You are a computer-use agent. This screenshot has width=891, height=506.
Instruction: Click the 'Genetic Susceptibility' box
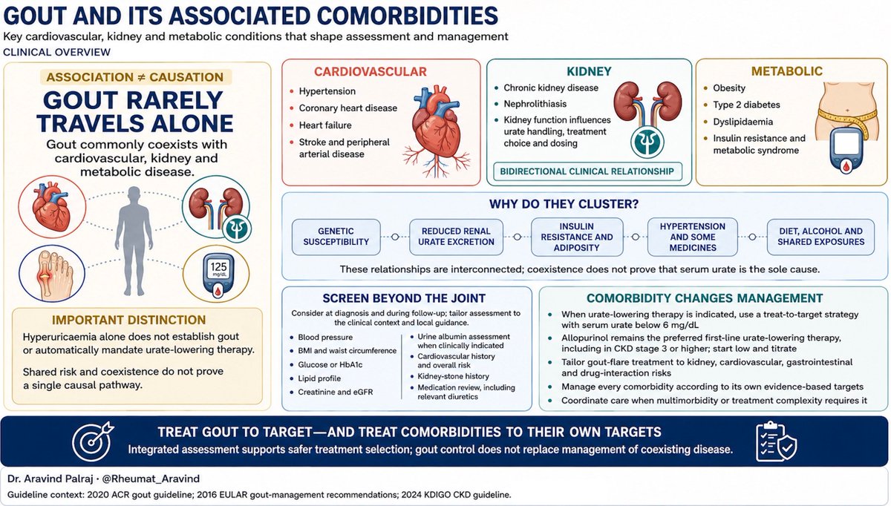click(336, 237)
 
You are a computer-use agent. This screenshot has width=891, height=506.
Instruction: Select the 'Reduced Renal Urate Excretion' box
click(456, 237)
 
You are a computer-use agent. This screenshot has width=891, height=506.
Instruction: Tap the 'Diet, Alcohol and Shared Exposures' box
click(820, 237)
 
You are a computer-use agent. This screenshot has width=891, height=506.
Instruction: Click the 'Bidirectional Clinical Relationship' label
click(587, 171)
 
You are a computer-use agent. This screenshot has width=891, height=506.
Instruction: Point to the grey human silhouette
click(134, 241)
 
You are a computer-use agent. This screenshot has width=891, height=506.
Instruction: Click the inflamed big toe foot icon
click(52, 274)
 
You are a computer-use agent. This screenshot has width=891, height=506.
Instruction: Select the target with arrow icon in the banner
click(93, 441)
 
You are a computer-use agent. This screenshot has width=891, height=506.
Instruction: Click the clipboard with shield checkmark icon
click(776, 441)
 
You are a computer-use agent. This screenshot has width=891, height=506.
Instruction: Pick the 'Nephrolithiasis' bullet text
click(535, 104)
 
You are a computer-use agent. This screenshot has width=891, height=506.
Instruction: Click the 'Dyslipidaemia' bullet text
click(742, 122)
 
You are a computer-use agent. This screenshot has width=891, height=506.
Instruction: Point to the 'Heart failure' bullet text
click(325, 125)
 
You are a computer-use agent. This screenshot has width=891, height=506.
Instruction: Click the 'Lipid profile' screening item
click(319, 378)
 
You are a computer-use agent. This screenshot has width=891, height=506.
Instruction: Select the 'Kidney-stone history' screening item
click(453, 376)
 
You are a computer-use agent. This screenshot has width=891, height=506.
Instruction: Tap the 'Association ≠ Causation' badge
click(135, 77)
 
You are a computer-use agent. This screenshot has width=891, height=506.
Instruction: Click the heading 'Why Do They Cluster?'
click(564, 204)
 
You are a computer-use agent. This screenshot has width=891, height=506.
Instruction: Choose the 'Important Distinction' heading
click(129, 320)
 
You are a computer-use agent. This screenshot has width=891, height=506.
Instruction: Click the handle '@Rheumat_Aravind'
click(151, 479)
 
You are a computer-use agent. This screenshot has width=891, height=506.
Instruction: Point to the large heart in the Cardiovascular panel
click(437, 131)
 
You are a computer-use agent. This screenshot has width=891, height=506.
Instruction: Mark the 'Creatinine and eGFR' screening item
click(336, 392)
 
